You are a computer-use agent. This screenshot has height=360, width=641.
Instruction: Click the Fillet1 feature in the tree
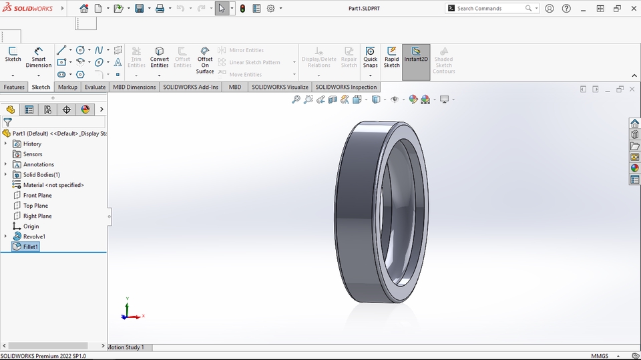tap(31, 246)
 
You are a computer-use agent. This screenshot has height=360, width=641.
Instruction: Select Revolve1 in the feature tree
tap(34, 236)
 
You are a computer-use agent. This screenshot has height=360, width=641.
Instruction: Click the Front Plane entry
tap(37, 195)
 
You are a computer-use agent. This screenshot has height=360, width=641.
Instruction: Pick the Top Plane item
tap(35, 206)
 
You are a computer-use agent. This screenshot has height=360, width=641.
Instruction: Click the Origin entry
tap(31, 226)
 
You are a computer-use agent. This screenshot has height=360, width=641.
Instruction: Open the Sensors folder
tap(32, 154)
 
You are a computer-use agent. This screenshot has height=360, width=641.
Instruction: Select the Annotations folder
tap(38, 164)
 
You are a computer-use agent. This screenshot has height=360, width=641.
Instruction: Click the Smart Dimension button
tap(39, 58)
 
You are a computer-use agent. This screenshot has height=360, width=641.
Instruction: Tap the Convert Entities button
tap(160, 58)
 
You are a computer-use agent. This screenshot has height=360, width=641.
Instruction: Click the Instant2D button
tap(416, 55)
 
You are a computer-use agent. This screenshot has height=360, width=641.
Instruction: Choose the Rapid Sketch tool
tap(392, 58)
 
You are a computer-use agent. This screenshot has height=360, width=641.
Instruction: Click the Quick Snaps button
tap(371, 58)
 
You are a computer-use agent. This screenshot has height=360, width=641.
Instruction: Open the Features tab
tap(14, 87)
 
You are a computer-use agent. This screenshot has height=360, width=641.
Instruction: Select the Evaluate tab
tap(95, 87)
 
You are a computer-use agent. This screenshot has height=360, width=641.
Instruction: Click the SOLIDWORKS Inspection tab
tap(346, 87)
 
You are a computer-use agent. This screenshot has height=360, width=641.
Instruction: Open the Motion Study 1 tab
tap(126, 347)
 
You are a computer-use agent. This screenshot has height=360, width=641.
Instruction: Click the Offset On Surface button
tap(205, 60)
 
